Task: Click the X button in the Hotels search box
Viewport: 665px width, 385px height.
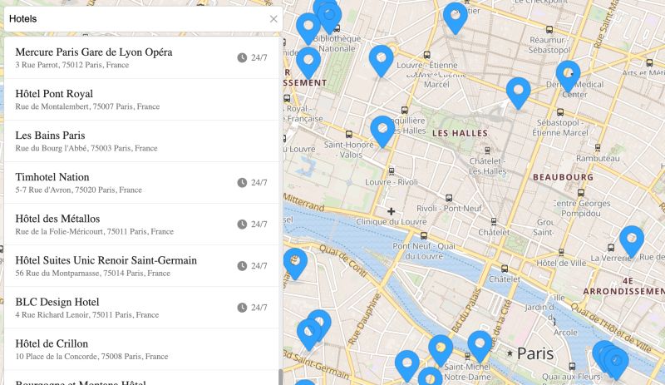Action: (273, 18)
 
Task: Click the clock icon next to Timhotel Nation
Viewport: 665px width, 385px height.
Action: (242, 183)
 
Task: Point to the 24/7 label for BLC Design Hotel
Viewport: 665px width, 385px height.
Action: (259, 308)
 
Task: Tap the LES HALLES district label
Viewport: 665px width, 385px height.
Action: (461, 133)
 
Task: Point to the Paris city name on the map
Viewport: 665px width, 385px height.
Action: (534, 353)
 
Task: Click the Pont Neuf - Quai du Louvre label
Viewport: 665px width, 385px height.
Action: (425, 249)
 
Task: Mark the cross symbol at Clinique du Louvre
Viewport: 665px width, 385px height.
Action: (391, 211)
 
